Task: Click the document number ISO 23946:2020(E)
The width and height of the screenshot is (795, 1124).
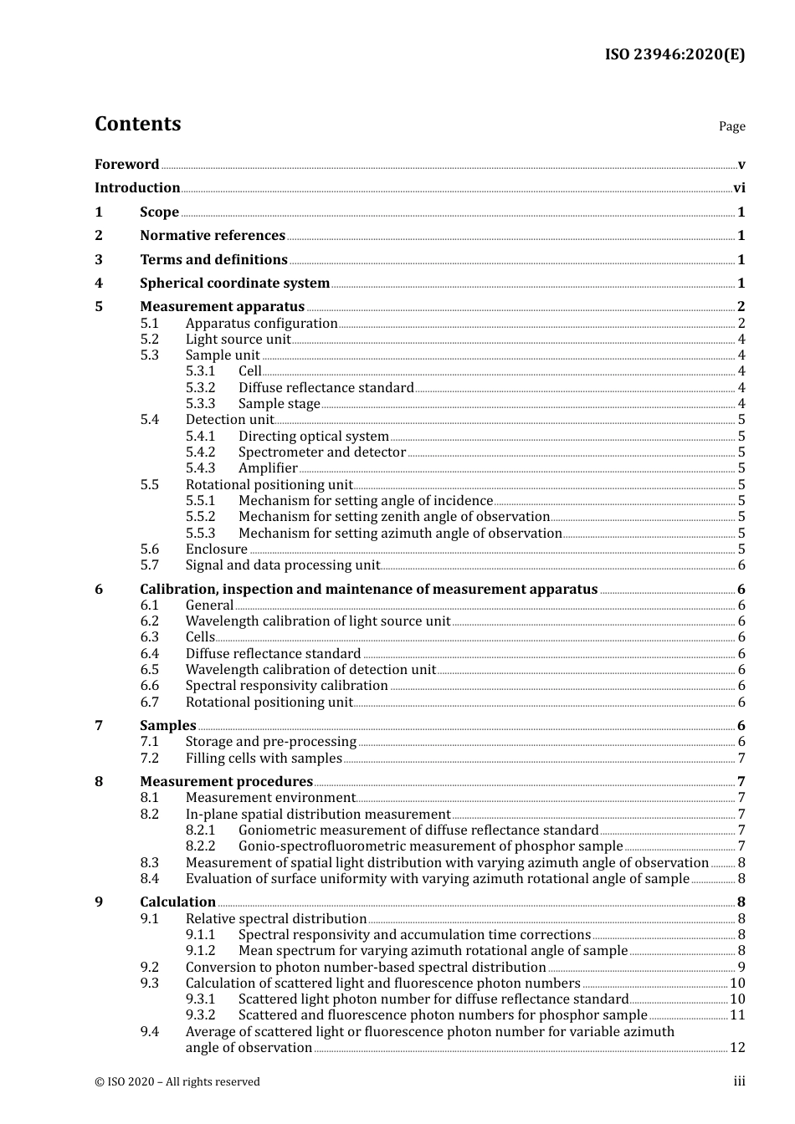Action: (674, 54)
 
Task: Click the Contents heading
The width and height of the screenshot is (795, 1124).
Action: (137, 124)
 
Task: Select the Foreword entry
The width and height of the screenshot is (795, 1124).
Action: (126, 164)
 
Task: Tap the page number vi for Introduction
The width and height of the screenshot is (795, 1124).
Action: (739, 188)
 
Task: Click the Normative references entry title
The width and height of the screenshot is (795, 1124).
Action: (212, 236)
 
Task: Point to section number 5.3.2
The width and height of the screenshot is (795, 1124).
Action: (200, 387)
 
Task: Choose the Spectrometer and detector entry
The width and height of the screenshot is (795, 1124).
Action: (321, 452)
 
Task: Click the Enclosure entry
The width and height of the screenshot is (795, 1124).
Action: (216, 549)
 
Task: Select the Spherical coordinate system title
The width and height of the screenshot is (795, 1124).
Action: (234, 284)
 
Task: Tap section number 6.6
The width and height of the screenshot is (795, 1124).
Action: (149, 686)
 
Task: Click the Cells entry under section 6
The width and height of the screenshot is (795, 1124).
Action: (200, 637)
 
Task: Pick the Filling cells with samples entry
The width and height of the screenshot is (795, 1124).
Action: (264, 759)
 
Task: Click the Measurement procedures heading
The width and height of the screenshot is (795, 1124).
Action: (226, 782)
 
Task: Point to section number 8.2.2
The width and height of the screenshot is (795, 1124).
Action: (200, 846)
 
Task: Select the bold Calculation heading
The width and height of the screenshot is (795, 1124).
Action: (177, 902)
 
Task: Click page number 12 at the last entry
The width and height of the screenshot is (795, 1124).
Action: (737, 1048)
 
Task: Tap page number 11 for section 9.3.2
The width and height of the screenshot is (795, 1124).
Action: (737, 1015)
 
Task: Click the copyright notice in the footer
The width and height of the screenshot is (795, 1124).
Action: (177, 1082)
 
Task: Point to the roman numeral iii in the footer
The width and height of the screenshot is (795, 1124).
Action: (740, 1082)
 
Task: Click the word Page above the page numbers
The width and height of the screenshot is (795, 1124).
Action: (731, 126)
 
